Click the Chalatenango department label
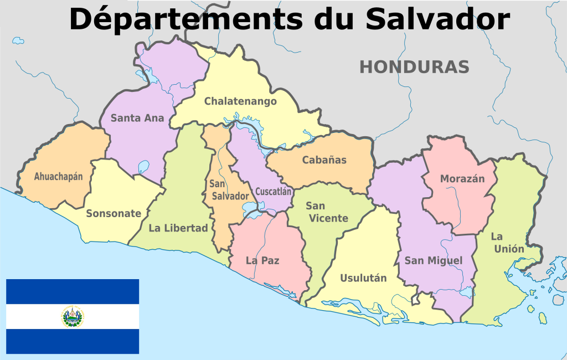tap(240, 101)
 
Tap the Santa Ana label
tap(137, 118)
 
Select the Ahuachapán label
tap(58, 177)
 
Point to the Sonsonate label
tap(114, 214)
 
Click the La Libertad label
tap(178, 228)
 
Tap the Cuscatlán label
tap(273, 192)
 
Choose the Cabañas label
tap(324, 160)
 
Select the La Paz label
tap(262, 260)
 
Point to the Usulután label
tap(363, 278)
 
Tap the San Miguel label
tap(433, 260)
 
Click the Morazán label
tap(462, 179)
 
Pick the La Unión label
tap(507, 243)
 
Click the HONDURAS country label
tap(414, 67)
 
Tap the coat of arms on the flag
tap(73, 316)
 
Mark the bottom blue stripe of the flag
tap(73, 341)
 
